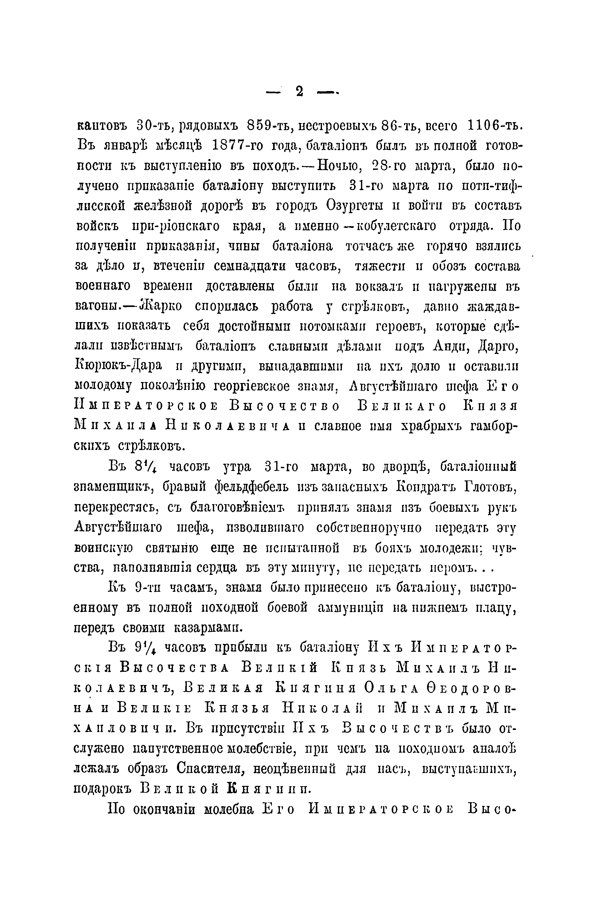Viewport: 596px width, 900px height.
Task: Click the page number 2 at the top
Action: (299, 91)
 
